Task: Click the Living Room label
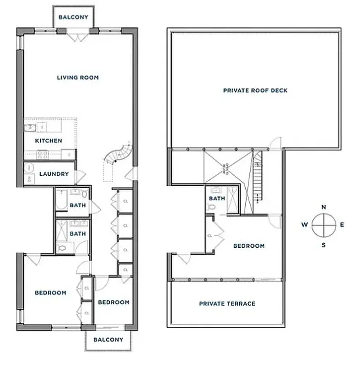click(x=77, y=77)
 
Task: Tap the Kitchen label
click(x=48, y=140)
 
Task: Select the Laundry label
click(x=54, y=174)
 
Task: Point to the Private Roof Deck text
click(x=255, y=91)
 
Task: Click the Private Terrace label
click(x=227, y=303)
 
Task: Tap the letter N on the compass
click(x=324, y=207)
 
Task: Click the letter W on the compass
click(x=304, y=225)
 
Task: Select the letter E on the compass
click(x=342, y=225)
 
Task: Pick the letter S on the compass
click(x=324, y=245)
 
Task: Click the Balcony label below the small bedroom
click(x=108, y=339)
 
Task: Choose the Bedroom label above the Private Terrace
click(x=249, y=246)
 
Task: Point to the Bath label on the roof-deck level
click(x=217, y=199)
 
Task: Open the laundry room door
click(x=80, y=176)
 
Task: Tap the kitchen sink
click(x=31, y=127)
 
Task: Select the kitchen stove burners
click(x=42, y=154)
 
